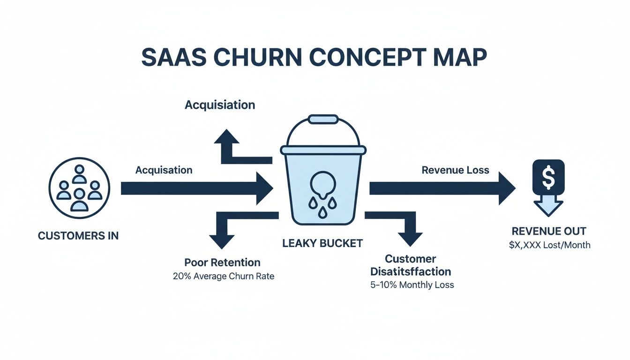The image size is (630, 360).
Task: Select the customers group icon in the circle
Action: [x=79, y=188]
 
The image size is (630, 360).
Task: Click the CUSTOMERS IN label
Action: [x=78, y=236]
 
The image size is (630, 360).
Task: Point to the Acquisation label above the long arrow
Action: [x=164, y=170]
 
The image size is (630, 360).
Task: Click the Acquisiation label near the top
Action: [x=220, y=105]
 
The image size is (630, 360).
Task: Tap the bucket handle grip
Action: [x=323, y=120]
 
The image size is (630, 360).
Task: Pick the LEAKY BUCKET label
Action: [x=322, y=243]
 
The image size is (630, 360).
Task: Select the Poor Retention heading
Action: [x=222, y=262]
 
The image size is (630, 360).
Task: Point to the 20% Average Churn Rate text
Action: [x=224, y=276]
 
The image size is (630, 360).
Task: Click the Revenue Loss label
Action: [x=455, y=170]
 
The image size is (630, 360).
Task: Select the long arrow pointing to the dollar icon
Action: [x=441, y=188]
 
